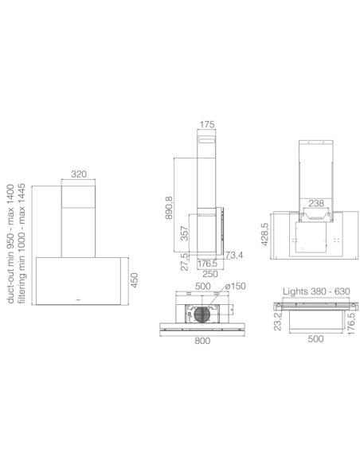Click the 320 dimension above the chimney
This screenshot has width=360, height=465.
pyautogui.click(x=79, y=174)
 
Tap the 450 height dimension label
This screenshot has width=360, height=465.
pyautogui.click(x=135, y=280)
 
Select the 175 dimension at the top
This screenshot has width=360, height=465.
pyautogui.click(x=207, y=124)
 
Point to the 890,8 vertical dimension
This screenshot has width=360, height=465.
pyautogui.click(x=169, y=208)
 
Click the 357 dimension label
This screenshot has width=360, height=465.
pyautogui.click(x=185, y=233)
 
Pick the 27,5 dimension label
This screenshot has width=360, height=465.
pyautogui.click(x=185, y=261)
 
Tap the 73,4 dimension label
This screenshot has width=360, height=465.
pyautogui.click(x=233, y=255)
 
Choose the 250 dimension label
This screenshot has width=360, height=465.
pyautogui.click(x=210, y=274)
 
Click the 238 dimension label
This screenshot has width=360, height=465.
pyautogui.click(x=316, y=203)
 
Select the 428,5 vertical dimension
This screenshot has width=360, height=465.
pyautogui.click(x=264, y=234)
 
